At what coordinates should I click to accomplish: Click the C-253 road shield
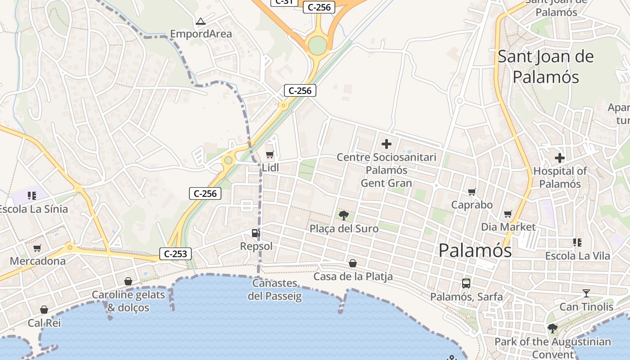tap(175, 254)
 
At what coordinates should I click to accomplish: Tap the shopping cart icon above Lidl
tap(270, 155)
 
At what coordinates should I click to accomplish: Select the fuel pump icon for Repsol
tap(256, 233)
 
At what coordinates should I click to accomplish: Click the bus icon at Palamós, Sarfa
tap(466, 283)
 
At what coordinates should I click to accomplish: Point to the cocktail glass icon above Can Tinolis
tap(586, 294)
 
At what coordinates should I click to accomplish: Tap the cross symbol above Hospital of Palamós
tap(560, 158)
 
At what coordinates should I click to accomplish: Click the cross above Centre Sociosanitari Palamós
tap(386, 144)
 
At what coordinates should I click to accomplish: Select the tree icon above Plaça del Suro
tap(344, 215)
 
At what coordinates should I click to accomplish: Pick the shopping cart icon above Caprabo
tap(472, 192)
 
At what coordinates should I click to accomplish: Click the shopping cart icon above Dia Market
tap(508, 214)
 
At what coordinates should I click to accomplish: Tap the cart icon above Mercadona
tap(37, 248)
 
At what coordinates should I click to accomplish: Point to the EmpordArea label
tap(201, 34)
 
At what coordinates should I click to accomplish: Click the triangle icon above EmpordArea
tap(201, 21)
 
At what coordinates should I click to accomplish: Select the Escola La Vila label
tap(577, 256)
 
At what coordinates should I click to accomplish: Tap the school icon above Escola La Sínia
tap(31, 195)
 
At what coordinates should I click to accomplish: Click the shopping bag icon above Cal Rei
tap(44, 310)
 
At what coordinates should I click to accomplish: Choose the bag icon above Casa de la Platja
tap(353, 263)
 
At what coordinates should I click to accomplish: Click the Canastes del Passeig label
tap(274, 290)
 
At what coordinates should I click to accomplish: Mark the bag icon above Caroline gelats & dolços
tap(128, 281)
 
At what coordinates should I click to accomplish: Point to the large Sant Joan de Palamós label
tap(545, 67)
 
